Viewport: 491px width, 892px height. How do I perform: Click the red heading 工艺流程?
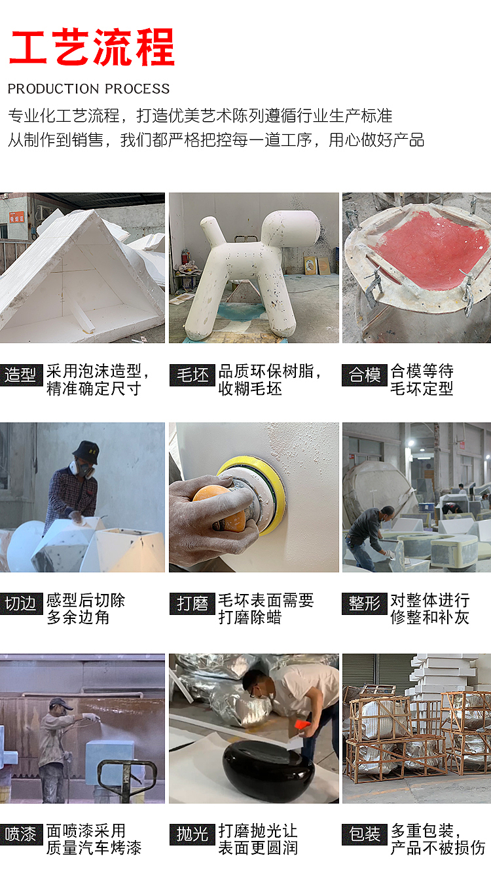tap(92, 47)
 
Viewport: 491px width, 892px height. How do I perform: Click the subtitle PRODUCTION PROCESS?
tap(88, 89)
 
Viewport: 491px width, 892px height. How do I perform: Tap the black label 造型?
tap(21, 375)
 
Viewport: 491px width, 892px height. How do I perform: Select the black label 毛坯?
tap(192, 375)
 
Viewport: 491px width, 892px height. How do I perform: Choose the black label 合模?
tap(365, 375)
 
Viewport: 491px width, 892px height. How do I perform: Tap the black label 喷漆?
tap(21, 834)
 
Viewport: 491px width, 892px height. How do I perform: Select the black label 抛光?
tap(192, 834)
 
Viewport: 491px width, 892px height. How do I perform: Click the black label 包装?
tap(365, 834)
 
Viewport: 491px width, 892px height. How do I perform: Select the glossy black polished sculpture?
tap(268, 763)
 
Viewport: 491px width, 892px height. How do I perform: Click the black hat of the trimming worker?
tap(86, 451)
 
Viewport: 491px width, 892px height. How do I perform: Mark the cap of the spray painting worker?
tap(60, 703)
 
